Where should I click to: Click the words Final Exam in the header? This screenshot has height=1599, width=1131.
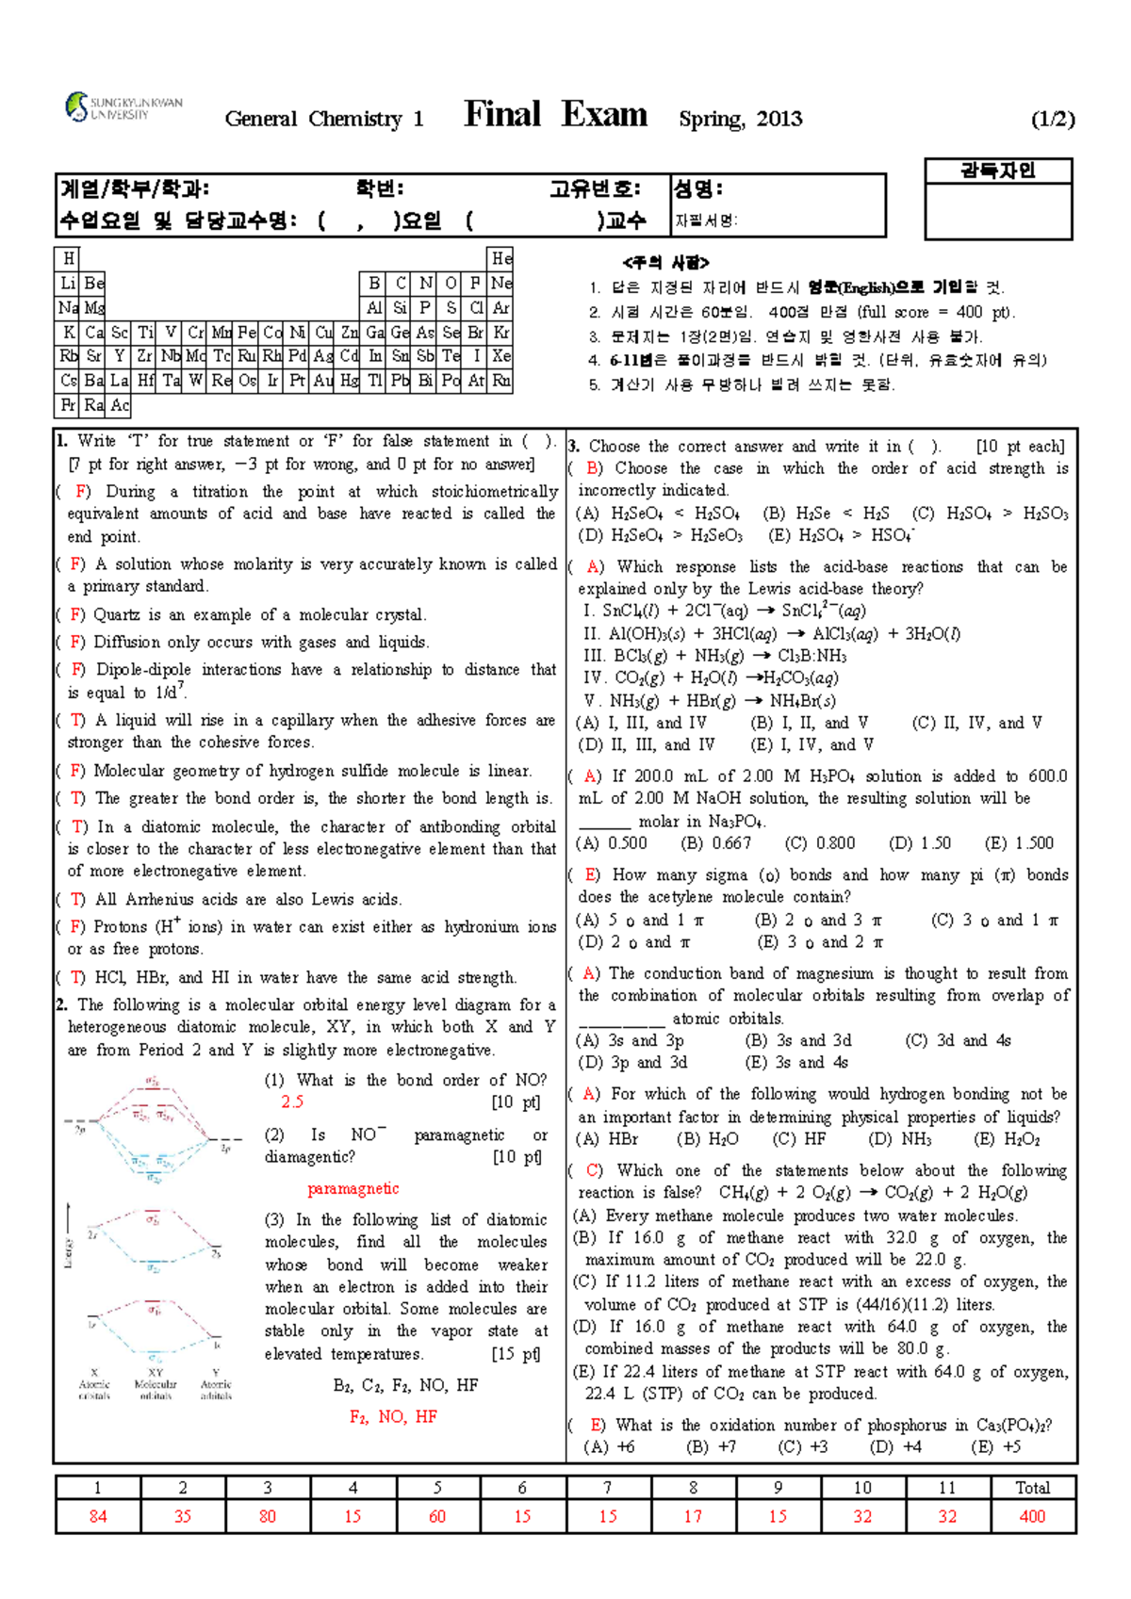click(555, 115)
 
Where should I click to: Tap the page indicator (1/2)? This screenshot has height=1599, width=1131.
click(1052, 119)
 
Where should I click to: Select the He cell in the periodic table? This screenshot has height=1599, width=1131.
click(500, 258)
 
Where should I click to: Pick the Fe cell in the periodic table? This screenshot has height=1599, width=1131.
click(247, 333)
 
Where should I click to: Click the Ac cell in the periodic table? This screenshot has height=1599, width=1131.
click(120, 406)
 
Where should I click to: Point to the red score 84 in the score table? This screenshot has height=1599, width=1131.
click(98, 1516)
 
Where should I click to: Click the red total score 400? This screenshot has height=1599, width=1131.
click(1032, 1516)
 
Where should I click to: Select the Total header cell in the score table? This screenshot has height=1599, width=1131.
click(1032, 1488)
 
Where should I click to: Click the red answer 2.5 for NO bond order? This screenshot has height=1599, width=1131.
click(292, 1101)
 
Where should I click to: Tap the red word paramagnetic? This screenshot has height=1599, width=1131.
click(353, 1189)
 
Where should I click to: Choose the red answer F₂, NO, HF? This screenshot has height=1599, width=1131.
click(393, 1417)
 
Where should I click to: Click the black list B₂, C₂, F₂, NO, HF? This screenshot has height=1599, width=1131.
click(405, 1385)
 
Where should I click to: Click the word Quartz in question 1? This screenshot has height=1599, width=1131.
click(117, 614)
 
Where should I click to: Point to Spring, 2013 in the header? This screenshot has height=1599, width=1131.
click(741, 119)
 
